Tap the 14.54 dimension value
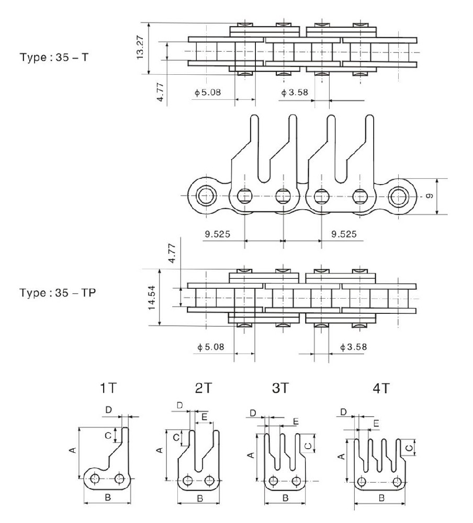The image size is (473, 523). [x=151, y=298]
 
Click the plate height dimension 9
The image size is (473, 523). [x=429, y=196]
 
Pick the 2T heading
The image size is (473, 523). [x=203, y=388]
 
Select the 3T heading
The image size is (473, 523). [x=280, y=388]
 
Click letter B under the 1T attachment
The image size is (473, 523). [x=107, y=497]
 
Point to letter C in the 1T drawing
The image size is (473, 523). [x=107, y=435]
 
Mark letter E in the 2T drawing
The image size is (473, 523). [x=204, y=417]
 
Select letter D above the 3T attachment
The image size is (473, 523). [x=253, y=413]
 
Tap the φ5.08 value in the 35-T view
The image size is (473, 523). [x=208, y=92]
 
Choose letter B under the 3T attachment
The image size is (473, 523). [x=285, y=498]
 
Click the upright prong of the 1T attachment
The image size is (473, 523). [x=126, y=439]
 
